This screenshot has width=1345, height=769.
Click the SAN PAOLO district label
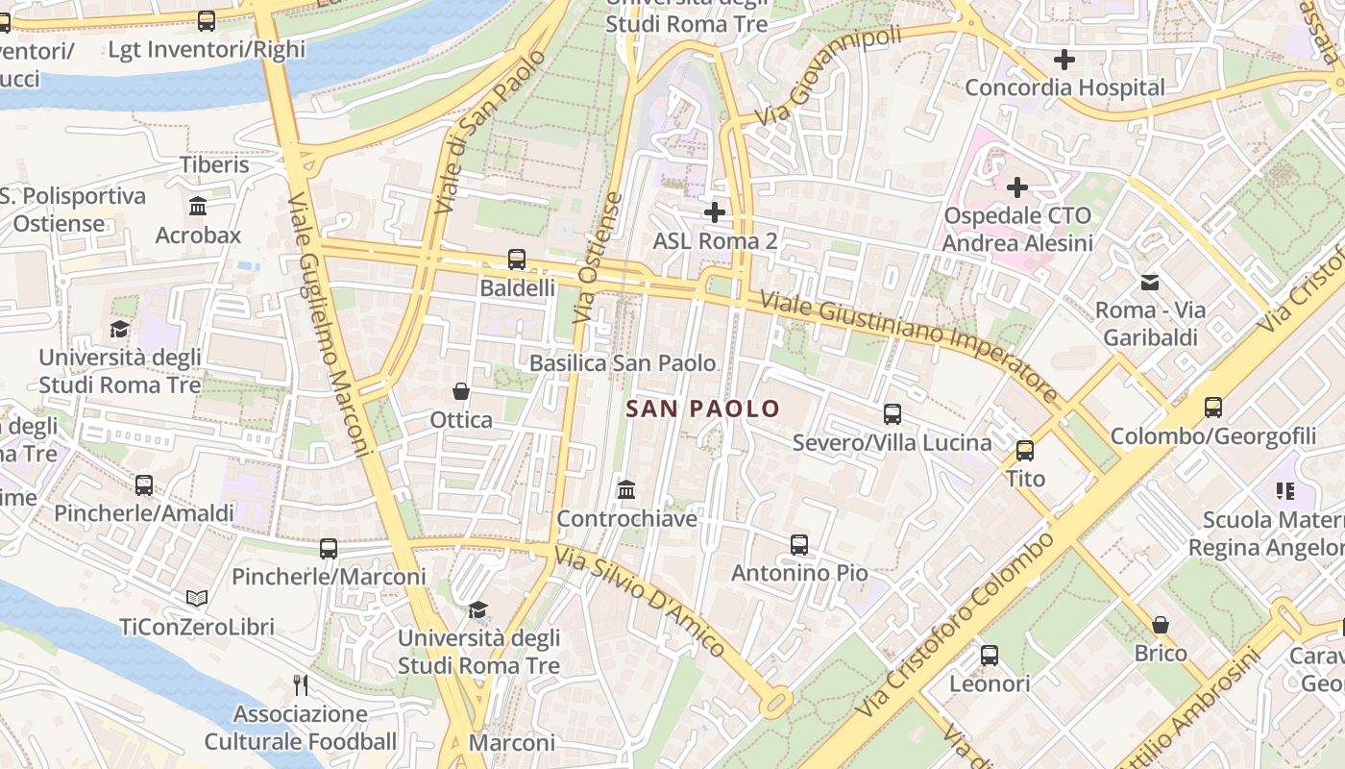pyautogui.click(x=702, y=409)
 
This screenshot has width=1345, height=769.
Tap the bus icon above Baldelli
pyautogui.click(x=517, y=260)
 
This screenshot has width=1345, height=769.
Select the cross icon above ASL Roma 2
pyautogui.click(x=715, y=211)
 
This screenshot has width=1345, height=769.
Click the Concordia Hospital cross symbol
pyautogui.click(x=1064, y=60)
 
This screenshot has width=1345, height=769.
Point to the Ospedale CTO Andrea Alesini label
pyautogui.click(x=1017, y=229)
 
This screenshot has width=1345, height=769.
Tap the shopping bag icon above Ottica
pyautogui.click(x=461, y=391)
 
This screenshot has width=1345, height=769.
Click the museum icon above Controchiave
pyautogui.click(x=626, y=490)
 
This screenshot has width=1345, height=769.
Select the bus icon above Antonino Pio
pyautogui.click(x=798, y=545)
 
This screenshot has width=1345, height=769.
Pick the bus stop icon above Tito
pyautogui.click(x=1025, y=450)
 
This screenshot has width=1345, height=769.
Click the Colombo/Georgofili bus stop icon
pyautogui.click(x=1213, y=408)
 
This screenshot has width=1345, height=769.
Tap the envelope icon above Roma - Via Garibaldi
pyautogui.click(x=1149, y=282)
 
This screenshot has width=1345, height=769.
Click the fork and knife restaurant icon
pyautogui.click(x=301, y=684)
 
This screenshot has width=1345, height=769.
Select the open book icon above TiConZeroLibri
pyautogui.click(x=197, y=599)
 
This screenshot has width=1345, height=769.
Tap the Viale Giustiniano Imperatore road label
pyautogui.click(x=909, y=347)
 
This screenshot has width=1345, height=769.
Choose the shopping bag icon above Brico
pyautogui.click(x=1161, y=625)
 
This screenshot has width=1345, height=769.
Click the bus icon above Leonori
pyautogui.click(x=990, y=656)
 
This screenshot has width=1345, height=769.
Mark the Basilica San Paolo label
pyautogui.click(x=623, y=363)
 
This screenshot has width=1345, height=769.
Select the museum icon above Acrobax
pyautogui.click(x=198, y=207)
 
